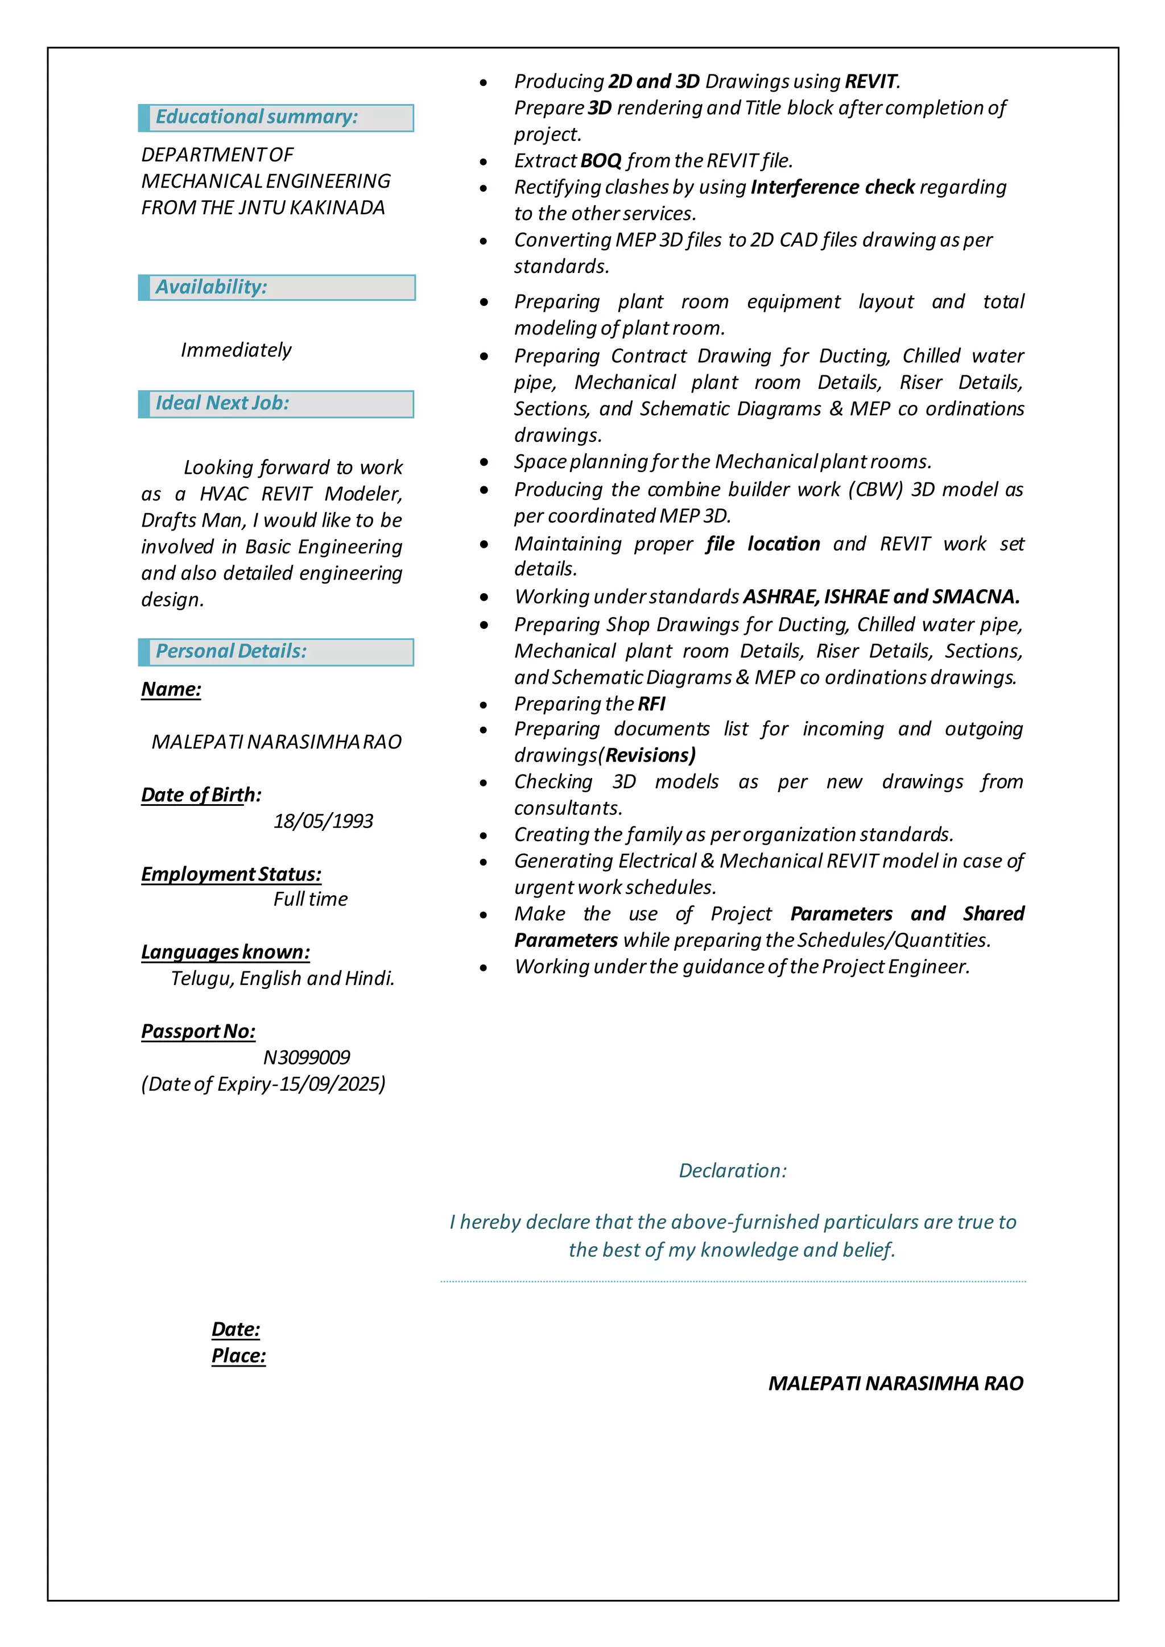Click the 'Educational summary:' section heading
(256, 117)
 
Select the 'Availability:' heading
(211, 287)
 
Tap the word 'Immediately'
(236, 350)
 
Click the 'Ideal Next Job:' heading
(222, 403)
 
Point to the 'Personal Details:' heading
(231, 651)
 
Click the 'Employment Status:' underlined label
(231, 875)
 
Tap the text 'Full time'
(310, 900)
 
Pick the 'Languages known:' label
(225, 952)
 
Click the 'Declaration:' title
(733, 1170)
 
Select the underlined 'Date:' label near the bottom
(236, 1329)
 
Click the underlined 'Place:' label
(238, 1356)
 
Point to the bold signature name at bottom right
(895, 1383)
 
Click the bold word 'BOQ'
(601, 161)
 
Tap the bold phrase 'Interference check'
(832, 187)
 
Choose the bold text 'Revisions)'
(650, 755)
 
